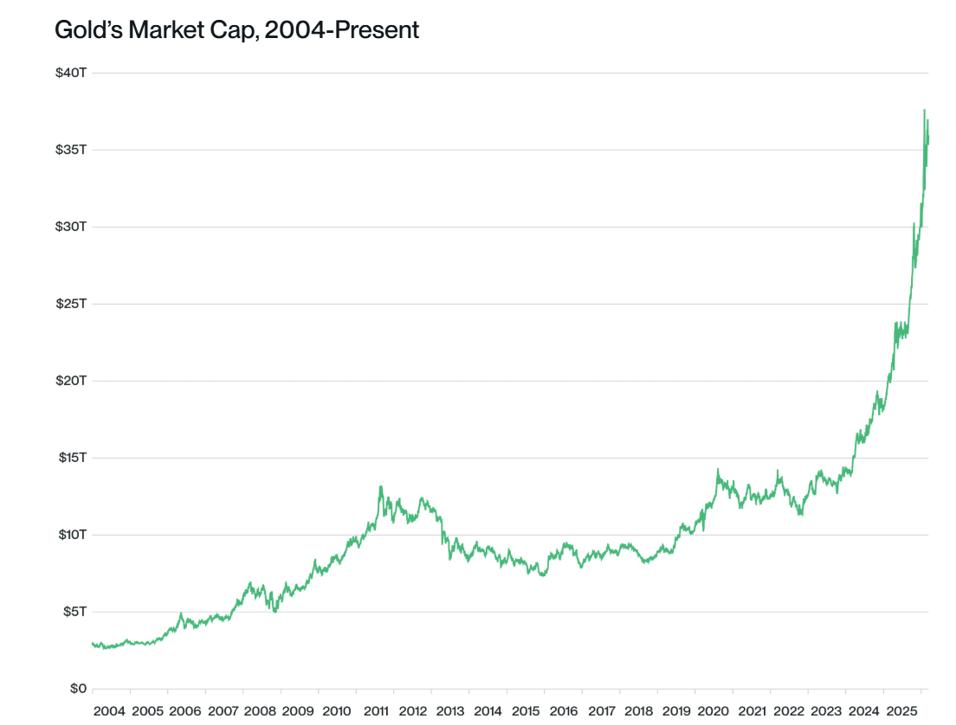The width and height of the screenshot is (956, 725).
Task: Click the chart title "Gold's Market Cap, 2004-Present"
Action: [236, 30]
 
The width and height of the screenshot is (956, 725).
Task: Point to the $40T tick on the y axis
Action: [70, 73]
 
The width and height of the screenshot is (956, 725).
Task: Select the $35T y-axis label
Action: [70, 150]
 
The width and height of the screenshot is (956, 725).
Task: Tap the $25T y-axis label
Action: [70, 304]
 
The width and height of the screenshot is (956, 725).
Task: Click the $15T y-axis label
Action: [70, 458]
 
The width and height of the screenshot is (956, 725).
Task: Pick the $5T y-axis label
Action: [73, 612]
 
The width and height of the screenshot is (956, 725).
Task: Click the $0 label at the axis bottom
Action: [77, 689]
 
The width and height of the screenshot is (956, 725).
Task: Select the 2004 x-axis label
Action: [109, 711]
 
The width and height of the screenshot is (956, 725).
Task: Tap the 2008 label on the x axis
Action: [260, 711]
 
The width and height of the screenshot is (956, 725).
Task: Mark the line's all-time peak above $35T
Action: [924, 111]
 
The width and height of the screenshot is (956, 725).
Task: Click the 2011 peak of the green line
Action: [380, 487]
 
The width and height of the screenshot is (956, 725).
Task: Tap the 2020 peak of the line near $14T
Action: [717, 470]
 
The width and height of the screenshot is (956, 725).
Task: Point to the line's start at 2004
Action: [93, 643]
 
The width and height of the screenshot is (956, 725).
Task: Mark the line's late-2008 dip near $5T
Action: [275, 611]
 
